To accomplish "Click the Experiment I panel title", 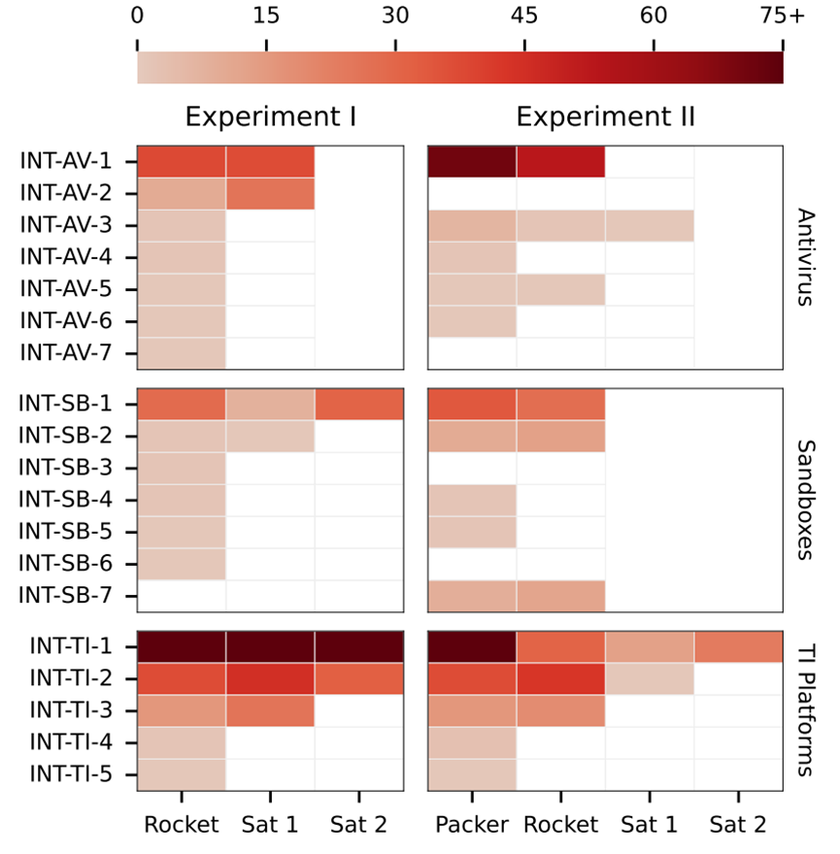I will (x=271, y=117).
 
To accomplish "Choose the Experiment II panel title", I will (x=606, y=117).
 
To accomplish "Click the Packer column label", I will (x=471, y=825).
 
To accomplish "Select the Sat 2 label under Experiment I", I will (x=358, y=825).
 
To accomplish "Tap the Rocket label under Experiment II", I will (x=560, y=825).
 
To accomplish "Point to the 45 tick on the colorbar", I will (x=524, y=16).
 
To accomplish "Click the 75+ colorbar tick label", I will (x=783, y=16).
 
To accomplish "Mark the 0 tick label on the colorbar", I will (x=137, y=16).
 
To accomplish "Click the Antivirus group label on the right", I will (x=805, y=257).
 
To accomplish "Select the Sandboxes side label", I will (x=805, y=500).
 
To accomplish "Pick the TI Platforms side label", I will (x=805, y=711).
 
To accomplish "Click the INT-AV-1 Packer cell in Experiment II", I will (x=472, y=161).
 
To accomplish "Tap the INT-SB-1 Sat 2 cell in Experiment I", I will (x=359, y=404).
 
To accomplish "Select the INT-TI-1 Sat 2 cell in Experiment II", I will (x=738, y=646).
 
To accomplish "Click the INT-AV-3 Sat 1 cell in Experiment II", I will (x=650, y=225).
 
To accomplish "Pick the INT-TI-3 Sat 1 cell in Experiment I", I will (x=270, y=710).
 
